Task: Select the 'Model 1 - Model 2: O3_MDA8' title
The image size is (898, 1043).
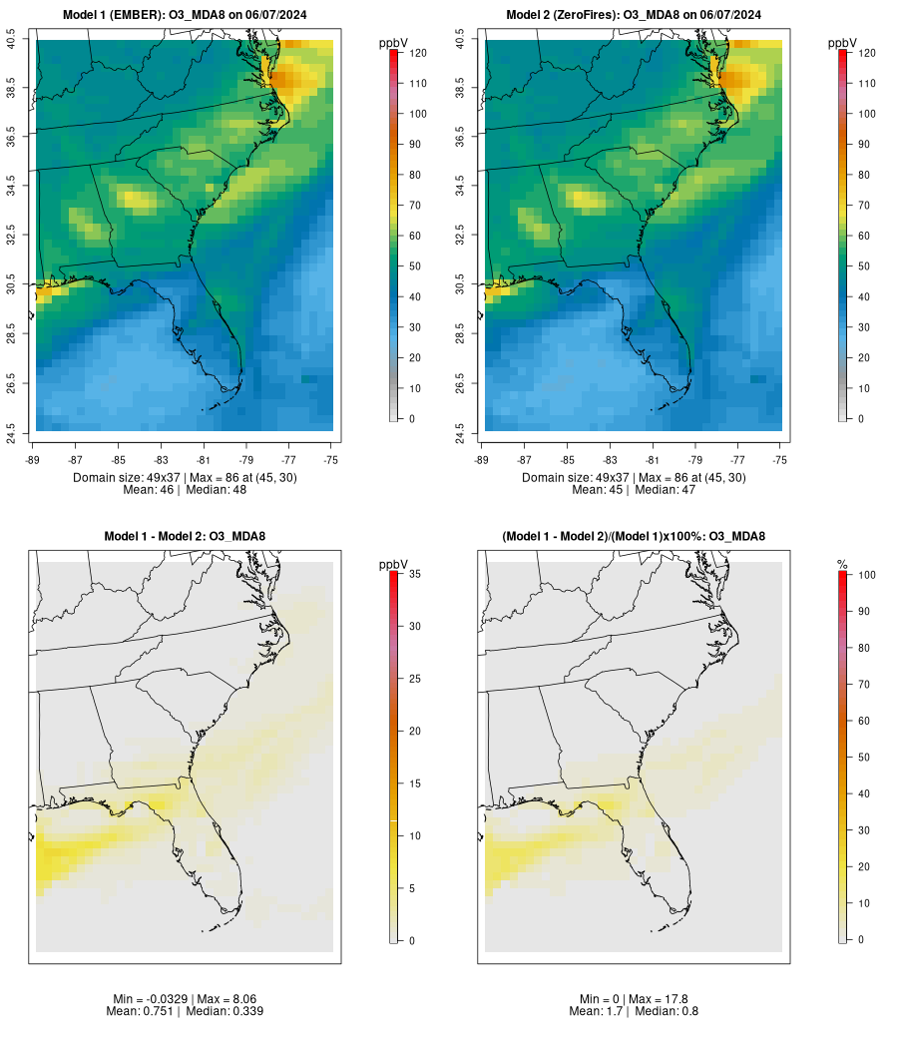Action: click(185, 537)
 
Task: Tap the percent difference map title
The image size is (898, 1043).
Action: click(634, 537)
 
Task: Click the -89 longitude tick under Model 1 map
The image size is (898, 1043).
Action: click(36, 460)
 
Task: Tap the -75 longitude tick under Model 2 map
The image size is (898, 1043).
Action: click(780, 460)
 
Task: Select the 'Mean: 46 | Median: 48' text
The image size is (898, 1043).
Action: click(185, 490)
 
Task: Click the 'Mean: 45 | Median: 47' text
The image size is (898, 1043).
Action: click(634, 490)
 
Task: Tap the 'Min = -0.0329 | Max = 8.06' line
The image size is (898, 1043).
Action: click(185, 999)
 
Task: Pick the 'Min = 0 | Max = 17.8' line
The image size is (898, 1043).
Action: click(634, 999)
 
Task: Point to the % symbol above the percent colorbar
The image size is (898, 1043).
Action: click(842, 566)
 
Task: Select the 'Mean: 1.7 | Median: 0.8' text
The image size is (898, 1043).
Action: click(634, 1011)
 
